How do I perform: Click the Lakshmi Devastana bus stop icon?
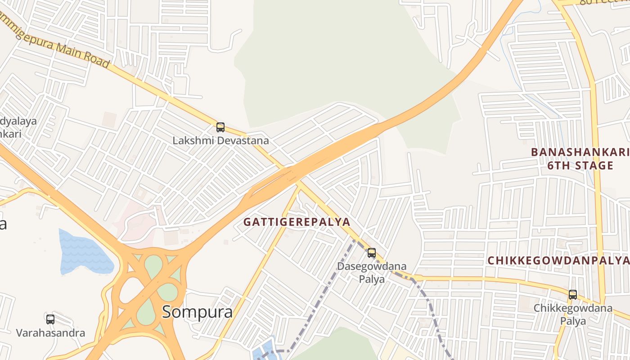click(220, 127)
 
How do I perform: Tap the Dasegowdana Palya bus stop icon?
click(372, 253)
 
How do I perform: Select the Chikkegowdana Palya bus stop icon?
click(573, 295)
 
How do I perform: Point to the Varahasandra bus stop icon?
click(50, 319)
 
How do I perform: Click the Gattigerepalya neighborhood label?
click(297, 222)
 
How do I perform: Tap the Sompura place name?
click(197, 311)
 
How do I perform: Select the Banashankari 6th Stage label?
click(580, 158)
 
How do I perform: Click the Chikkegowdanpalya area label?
click(558, 261)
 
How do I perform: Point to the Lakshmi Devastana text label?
click(220, 140)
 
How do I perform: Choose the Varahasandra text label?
click(50, 333)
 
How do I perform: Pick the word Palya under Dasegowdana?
click(372, 279)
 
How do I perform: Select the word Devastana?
click(243, 140)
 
